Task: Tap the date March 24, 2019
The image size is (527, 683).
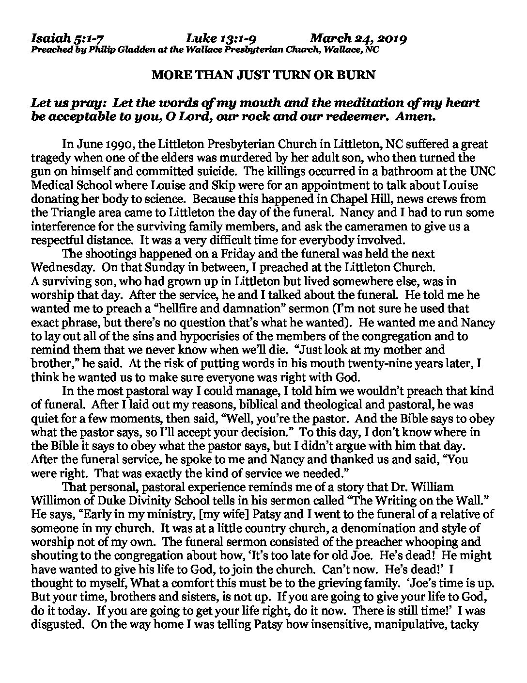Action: tap(358, 38)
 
